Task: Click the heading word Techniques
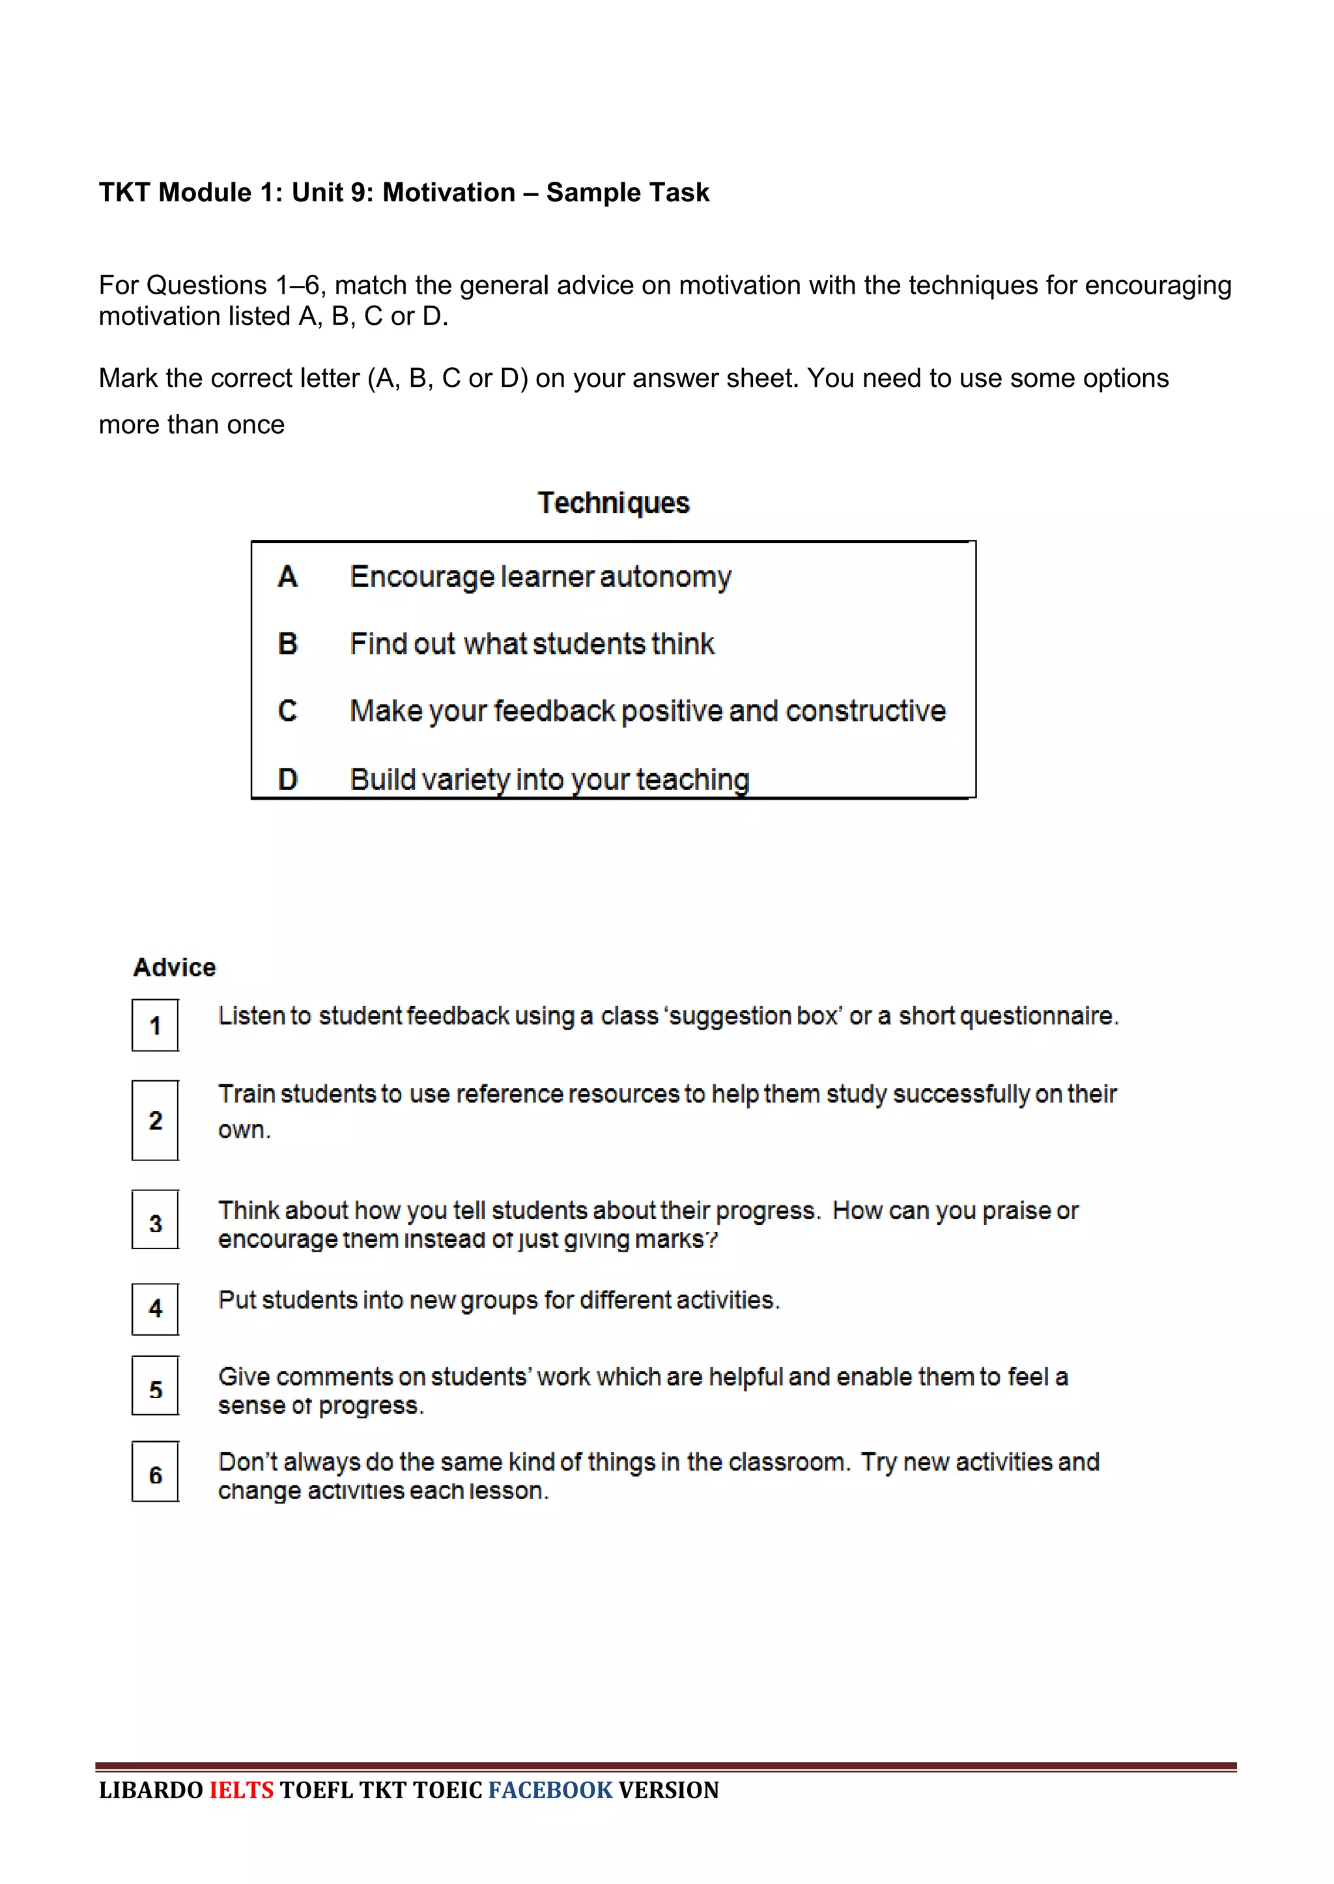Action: point(613,503)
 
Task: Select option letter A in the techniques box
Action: point(287,576)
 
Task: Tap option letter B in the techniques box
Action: point(287,644)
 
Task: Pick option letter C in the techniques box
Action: point(287,710)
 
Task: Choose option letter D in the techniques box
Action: point(287,779)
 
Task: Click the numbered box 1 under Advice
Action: point(155,1025)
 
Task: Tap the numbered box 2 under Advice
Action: point(155,1120)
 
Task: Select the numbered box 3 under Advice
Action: point(155,1224)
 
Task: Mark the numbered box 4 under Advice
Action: point(155,1308)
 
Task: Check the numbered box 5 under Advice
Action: point(155,1390)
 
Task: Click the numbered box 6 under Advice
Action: point(155,1475)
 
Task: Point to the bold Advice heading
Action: point(174,968)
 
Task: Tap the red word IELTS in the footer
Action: point(242,1790)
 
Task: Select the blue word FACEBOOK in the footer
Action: point(550,1790)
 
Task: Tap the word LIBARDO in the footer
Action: point(150,1790)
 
